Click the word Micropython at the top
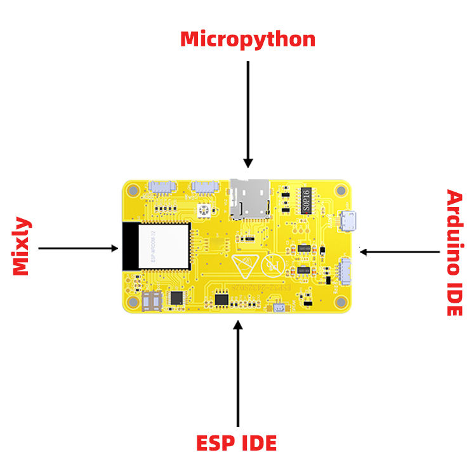(x=248, y=39)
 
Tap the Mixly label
(x=22, y=247)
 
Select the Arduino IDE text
(x=454, y=253)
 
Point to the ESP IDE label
(x=237, y=442)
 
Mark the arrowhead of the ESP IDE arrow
(x=238, y=326)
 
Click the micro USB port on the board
(x=347, y=221)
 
